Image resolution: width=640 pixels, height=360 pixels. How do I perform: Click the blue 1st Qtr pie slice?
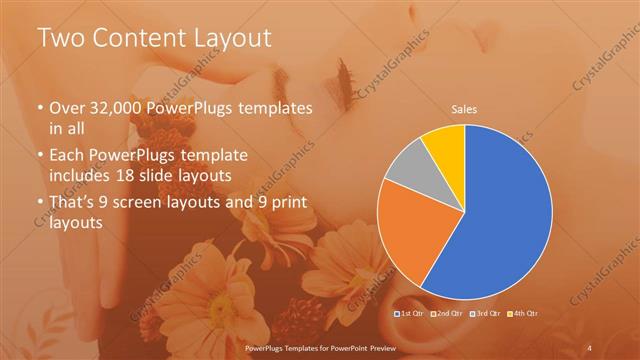505,215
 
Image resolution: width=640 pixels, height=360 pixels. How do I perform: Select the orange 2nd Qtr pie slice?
412,240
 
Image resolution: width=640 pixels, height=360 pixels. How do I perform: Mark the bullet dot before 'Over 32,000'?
40,107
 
